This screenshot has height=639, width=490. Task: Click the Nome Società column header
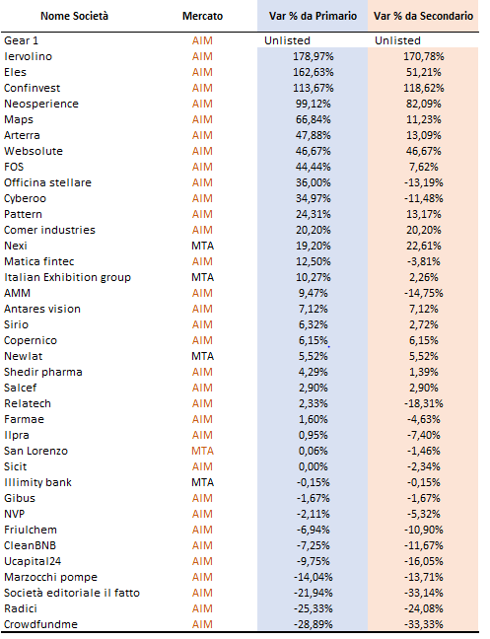[74, 16]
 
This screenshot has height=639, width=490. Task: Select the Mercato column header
[202, 16]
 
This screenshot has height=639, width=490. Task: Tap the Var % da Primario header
[313, 16]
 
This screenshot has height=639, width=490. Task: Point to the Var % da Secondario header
[423, 16]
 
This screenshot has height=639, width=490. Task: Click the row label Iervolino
[29, 56]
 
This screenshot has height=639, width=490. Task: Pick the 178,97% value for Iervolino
[314, 56]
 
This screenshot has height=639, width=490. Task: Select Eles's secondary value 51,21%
[424, 72]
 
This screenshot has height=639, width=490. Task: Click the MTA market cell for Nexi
[202, 246]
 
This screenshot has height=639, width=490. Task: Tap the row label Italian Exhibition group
[68, 277]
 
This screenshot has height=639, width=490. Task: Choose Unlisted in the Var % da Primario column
[287, 40]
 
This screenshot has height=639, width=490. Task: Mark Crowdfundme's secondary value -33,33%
[424, 624]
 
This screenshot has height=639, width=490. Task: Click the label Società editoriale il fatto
[72, 593]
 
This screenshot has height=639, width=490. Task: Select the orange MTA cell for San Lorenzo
[202, 451]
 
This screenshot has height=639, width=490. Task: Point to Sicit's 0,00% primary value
[314, 466]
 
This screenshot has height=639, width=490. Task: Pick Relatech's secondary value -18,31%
[424, 403]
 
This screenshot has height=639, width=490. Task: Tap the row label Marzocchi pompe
[51, 578]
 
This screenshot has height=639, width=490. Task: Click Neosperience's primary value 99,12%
[314, 104]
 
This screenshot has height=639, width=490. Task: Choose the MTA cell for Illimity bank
[202, 482]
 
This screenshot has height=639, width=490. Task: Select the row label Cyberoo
[26, 199]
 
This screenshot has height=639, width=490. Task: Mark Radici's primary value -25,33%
[314, 608]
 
